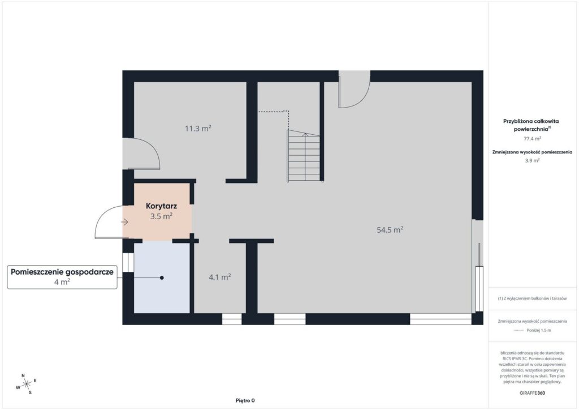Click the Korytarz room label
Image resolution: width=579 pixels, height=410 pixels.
click(161, 206)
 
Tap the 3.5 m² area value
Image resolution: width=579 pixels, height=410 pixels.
click(161, 216)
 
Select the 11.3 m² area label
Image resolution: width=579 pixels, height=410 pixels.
click(198, 129)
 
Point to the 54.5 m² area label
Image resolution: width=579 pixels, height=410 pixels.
click(390, 229)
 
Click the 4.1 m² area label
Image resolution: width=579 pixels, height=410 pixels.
click(220, 277)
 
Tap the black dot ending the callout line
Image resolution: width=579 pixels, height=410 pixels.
click(162, 277)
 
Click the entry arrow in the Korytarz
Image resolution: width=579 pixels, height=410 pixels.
click(124, 222)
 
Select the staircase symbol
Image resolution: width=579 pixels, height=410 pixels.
click(304, 156)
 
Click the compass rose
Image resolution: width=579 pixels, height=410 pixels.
click(26, 384)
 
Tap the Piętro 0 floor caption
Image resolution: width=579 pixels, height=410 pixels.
click(245, 400)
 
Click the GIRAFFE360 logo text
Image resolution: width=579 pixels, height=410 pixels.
click(532, 392)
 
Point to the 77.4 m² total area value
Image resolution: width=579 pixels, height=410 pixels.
click(532, 139)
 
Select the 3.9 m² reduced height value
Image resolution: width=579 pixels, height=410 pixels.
click(532, 160)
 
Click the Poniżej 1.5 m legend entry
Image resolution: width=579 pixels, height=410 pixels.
click(532, 330)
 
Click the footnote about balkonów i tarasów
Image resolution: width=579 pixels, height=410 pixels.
click(532, 298)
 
